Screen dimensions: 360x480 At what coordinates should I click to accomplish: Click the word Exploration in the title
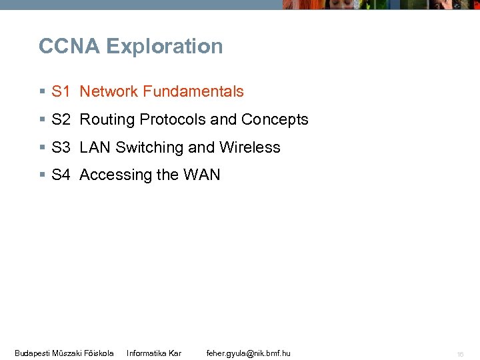click(x=164, y=47)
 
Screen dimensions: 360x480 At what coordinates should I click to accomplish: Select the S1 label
click(x=61, y=92)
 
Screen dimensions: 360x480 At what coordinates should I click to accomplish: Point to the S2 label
click(x=61, y=120)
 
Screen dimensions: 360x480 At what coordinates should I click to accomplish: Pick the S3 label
click(x=61, y=147)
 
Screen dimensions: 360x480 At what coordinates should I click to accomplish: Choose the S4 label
click(x=61, y=175)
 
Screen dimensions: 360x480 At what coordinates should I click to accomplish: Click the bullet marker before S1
click(x=42, y=92)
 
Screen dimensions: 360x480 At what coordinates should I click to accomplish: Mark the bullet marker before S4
click(x=42, y=175)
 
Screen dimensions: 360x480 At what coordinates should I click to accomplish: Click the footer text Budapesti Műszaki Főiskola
click(x=64, y=353)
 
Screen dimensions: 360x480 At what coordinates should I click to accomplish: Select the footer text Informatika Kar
click(x=154, y=353)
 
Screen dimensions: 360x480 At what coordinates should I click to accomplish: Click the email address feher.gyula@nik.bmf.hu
click(x=249, y=353)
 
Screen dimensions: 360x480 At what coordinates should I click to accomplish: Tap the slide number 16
click(x=460, y=354)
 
